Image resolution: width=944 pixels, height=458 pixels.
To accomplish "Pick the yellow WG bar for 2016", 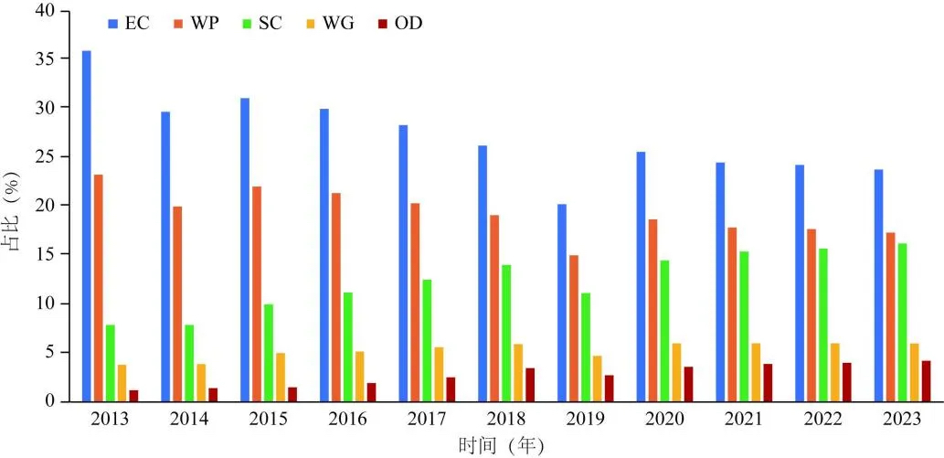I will [359, 376].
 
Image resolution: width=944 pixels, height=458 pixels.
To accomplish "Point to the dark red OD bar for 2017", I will [451, 389].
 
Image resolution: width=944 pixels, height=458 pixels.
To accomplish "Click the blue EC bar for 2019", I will [562, 303].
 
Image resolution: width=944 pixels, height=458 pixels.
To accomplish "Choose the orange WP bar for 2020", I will [653, 310].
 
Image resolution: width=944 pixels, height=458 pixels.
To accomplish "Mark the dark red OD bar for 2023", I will [926, 381].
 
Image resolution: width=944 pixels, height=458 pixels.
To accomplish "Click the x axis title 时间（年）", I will [502, 445].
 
